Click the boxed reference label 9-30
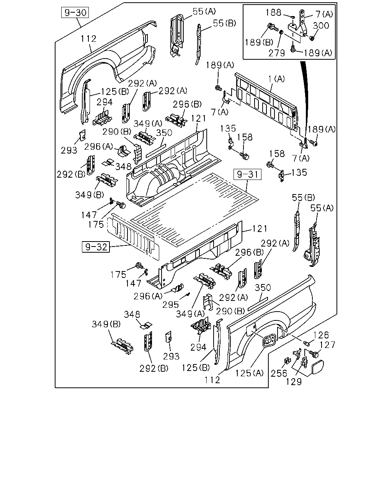pyautogui.click(x=75, y=13)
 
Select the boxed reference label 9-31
pyautogui.click(x=247, y=175)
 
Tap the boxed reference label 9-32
pyautogui.click(x=96, y=247)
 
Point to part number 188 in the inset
pyautogui.click(x=273, y=13)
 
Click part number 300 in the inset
pyautogui.click(x=321, y=26)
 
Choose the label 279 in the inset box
pyautogui.click(x=276, y=53)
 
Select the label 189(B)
pyautogui.click(x=259, y=42)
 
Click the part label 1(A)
pyautogui.click(x=276, y=79)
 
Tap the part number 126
pyautogui.click(x=321, y=335)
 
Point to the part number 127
pyautogui.click(x=327, y=345)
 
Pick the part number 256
pyautogui.click(x=279, y=373)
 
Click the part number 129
pyautogui.click(x=294, y=382)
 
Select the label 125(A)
pyautogui.click(x=249, y=373)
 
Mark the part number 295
pyautogui.click(x=171, y=305)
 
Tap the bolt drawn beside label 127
pyautogui.click(x=314, y=354)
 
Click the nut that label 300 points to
pyautogui.click(x=312, y=38)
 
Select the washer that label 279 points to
pyautogui.click(x=281, y=32)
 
